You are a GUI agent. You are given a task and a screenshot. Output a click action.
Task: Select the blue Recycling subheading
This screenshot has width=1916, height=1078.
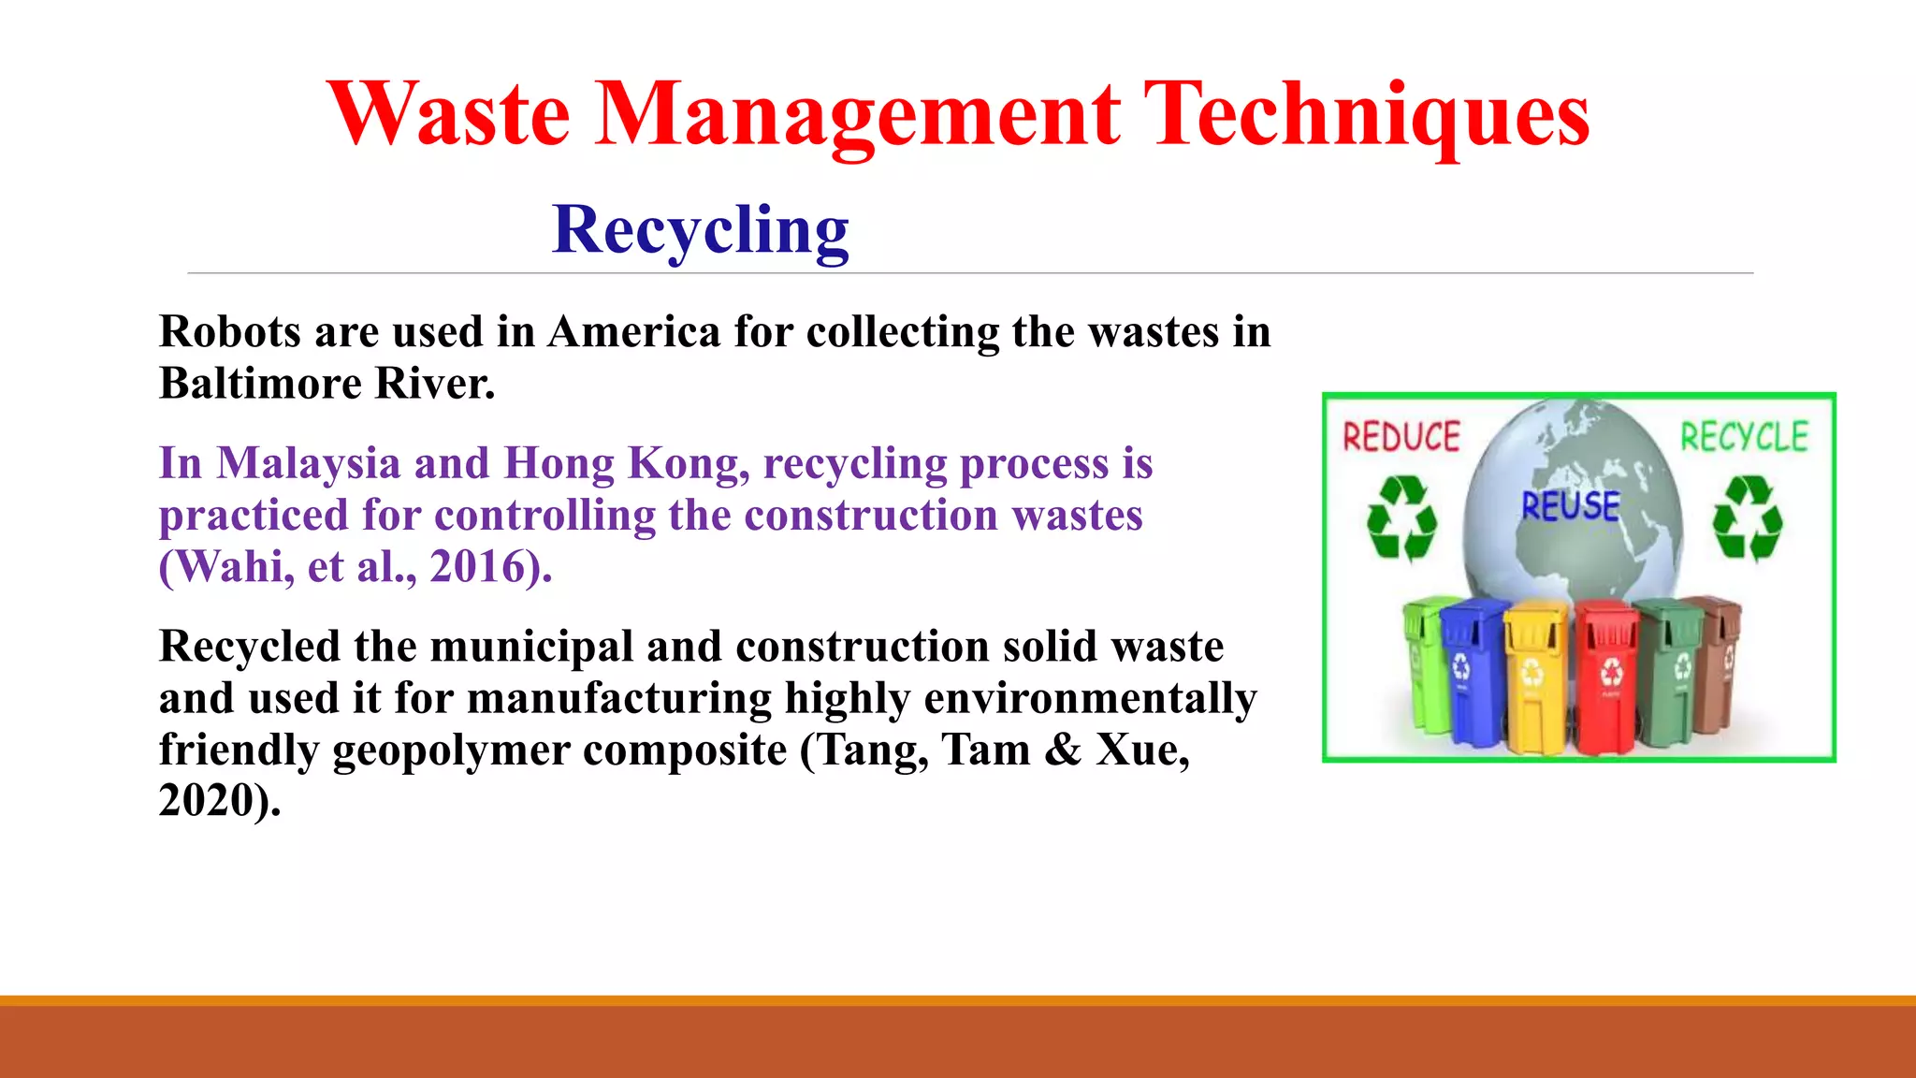(x=701, y=230)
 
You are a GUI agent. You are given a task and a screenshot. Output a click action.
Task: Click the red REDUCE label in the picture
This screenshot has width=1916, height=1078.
(x=1401, y=437)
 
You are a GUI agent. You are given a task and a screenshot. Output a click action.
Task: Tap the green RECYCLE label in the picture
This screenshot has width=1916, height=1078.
(x=1744, y=437)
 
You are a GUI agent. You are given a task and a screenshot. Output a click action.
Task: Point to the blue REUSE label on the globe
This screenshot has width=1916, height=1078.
(x=1570, y=506)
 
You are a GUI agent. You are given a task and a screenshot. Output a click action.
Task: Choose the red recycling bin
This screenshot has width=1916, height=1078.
(x=1606, y=676)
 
